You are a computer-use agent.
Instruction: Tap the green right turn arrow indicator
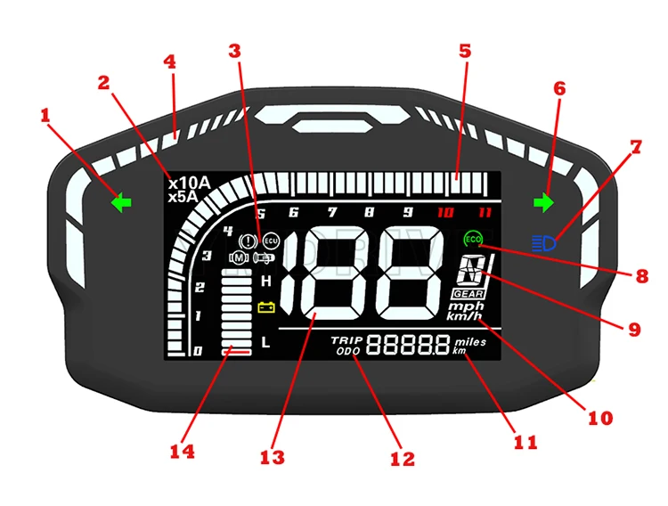pos(542,203)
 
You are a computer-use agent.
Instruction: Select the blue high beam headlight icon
pos(542,241)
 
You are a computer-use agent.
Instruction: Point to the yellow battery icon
pos(265,308)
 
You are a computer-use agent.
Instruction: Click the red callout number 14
pos(183,451)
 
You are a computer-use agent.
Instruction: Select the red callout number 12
pos(403,459)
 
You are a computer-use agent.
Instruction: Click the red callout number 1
pos(45,116)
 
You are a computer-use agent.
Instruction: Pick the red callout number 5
pos(464,51)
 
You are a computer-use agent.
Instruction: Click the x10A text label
pos(189,184)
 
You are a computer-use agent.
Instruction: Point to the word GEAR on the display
pos(468,293)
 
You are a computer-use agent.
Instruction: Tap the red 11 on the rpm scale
pos(484,213)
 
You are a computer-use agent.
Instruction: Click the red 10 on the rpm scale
pos(445,213)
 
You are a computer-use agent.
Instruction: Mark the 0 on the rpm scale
pos(198,352)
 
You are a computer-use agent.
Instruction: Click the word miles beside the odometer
pos(470,340)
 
